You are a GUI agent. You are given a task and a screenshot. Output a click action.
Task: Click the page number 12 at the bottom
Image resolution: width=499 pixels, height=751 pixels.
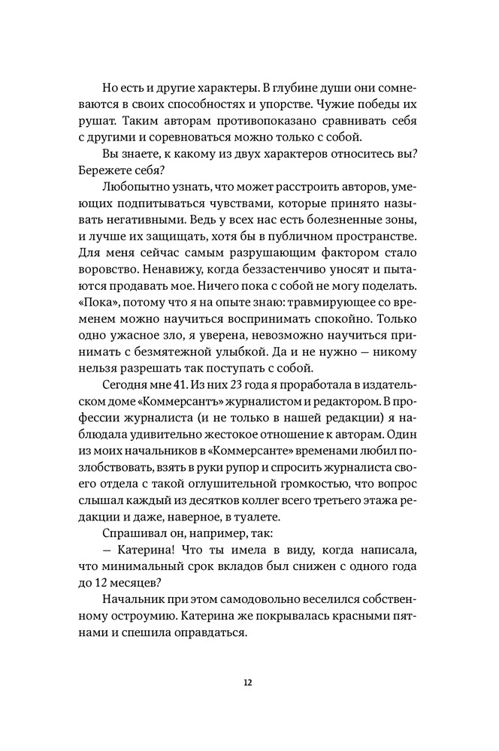click(x=248, y=682)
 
